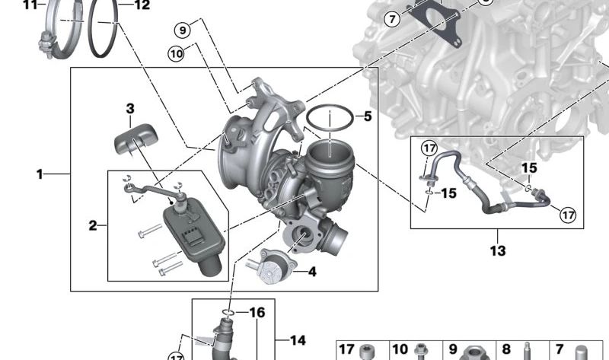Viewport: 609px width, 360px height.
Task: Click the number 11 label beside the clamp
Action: (29, 5)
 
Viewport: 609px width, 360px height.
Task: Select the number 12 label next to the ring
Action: (142, 5)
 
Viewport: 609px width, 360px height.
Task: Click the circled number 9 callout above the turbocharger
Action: (181, 30)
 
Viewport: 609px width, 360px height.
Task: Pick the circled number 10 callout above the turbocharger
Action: (177, 53)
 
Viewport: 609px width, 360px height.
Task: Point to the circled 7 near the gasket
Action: (392, 19)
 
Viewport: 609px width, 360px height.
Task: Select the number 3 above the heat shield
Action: (130, 109)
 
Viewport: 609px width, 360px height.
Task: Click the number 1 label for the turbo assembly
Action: (40, 174)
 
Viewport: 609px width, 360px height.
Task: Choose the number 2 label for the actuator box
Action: (93, 225)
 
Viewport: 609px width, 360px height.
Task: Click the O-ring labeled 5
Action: (330, 119)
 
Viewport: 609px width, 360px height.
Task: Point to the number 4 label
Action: (311, 270)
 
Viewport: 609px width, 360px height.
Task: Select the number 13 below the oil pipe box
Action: (497, 250)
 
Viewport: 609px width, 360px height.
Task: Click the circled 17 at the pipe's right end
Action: (568, 215)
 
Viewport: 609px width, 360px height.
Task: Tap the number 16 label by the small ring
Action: (257, 313)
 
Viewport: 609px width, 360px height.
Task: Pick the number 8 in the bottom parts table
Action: (505, 349)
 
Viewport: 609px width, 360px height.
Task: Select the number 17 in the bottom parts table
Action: (346, 349)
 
